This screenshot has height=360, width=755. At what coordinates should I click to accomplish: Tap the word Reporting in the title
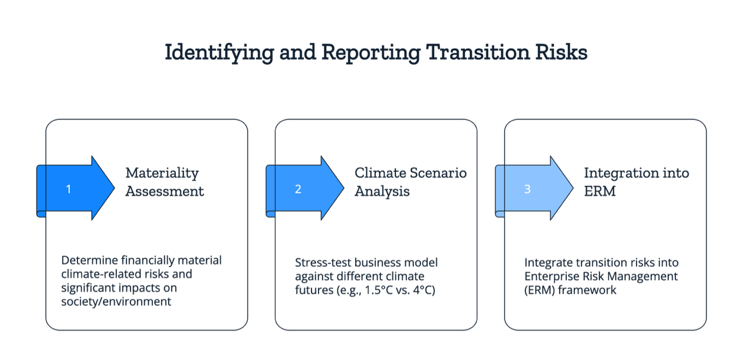click(x=370, y=53)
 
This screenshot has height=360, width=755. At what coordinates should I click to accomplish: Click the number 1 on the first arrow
click(x=69, y=189)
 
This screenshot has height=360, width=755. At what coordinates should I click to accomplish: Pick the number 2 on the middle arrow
click(x=298, y=189)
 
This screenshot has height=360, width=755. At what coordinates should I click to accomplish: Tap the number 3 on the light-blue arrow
click(x=527, y=189)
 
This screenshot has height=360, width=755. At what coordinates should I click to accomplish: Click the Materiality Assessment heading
click(x=164, y=182)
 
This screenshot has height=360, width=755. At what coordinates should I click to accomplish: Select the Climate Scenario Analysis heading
click(x=410, y=182)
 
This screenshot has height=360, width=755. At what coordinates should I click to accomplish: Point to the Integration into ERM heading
click(x=636, y=182)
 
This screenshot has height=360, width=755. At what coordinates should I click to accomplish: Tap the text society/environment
click(x=116, y=301)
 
